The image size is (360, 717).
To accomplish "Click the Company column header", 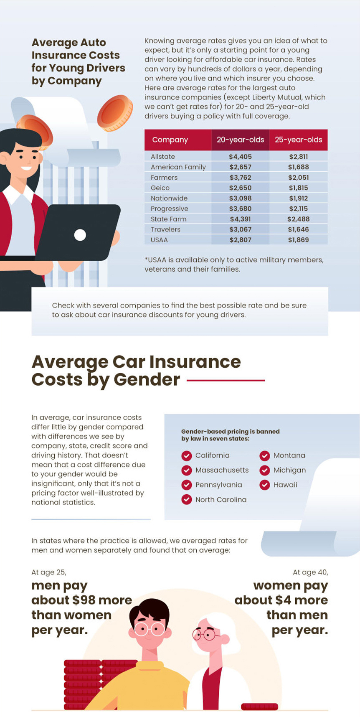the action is coord(170,140).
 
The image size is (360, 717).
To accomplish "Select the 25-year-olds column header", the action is coord(298,140).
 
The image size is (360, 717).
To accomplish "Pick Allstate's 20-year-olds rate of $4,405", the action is coord(240,157).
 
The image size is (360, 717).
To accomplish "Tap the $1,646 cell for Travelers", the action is coord(298,229).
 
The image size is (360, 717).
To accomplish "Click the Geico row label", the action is coord(160,188).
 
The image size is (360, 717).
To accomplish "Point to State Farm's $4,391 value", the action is coord(240,219).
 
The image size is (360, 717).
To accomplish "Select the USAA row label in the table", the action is coord(159,240).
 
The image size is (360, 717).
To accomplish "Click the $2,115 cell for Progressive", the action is coord(298,208).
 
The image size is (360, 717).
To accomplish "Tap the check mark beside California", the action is coord(187,455).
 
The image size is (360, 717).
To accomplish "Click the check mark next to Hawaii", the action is coord(265,485).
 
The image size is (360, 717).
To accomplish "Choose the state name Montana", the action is coord(289,455).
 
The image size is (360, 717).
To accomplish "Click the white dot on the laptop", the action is coord(80,235).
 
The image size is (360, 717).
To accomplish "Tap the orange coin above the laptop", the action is coord(115,113).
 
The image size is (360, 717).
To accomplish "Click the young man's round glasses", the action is coord(150,628).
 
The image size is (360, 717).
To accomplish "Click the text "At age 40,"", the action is coord(310,572).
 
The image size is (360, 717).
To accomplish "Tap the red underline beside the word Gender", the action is coord(226,380).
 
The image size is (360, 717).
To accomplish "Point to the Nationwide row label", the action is coord(169,198).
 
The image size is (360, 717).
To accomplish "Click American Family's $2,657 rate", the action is coord(240,167).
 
